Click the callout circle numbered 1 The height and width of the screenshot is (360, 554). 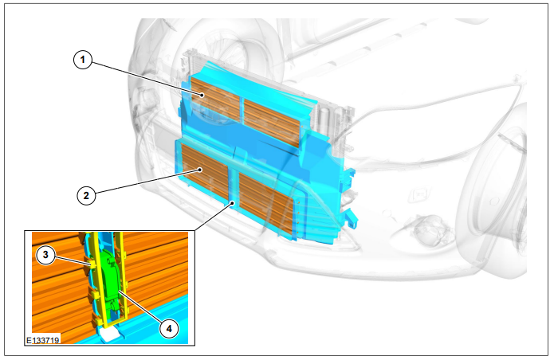(x=83, y=60)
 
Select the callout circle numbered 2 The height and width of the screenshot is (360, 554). (x=86, y=195)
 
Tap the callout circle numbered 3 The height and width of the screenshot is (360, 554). (x=45, y=255)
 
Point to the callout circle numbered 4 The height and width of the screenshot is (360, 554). (x=169, y=329)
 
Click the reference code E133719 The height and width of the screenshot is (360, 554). (x=43, y=340)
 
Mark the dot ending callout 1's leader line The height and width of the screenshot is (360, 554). (x=202, y=95)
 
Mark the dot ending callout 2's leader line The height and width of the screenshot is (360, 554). (x=200, y=170)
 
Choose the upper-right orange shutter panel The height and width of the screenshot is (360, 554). (x=272, y=123)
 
